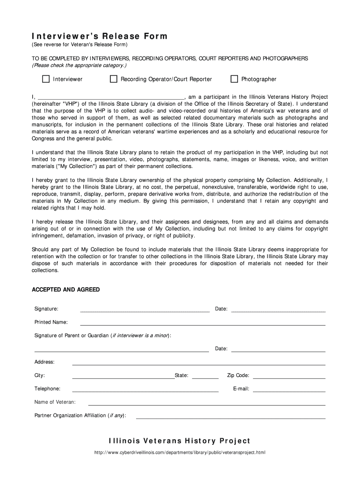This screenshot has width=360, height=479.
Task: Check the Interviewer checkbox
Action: (x=46, y=79)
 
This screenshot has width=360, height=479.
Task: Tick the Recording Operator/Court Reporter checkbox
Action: (x=114, y=79)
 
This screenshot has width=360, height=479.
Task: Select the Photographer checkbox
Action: (x=234, y=79)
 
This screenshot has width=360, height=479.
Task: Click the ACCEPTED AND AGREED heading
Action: (x=65, y=290)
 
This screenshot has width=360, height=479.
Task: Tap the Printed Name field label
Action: (x=51, y=322)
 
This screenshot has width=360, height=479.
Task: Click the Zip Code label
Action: (x=238, y=375)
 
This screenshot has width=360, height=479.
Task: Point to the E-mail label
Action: (x=241, y=389)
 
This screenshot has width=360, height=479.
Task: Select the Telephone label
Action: (x=47, y=389)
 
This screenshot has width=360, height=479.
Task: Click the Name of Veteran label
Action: (x=55, y=402)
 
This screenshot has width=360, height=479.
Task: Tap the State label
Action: (x=181, y=375)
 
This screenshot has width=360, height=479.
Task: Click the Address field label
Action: (x=44, y=362)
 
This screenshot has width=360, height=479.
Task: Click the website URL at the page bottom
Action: (x=180, y=453)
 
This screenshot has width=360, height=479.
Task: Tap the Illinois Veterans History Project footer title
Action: (x=180, y=441)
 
